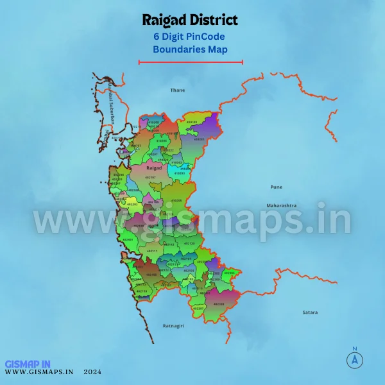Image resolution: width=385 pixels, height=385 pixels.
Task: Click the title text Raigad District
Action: pyautogui.click(x=190, y=21)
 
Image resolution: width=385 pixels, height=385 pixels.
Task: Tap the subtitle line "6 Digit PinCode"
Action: pyautogui.click(x=190, y=37)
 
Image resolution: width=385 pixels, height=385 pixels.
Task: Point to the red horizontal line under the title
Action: pyautogui.click(x=191, y=62)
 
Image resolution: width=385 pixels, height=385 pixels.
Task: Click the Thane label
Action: pyautogui.click(x=177, y=90)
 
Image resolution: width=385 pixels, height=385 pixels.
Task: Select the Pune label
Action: pyautogui.click(x=276, y=187)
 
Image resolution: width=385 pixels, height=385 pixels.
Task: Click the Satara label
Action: pyautogui.click(x=310, y=312)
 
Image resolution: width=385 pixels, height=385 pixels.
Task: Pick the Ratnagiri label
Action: pyautogui.click(x=173, y=326)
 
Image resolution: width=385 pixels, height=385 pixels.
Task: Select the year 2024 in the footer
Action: pyautogui.click(x=92, y=372)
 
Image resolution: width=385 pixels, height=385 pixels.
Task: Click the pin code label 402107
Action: pyautogui.click(x=150, y=177)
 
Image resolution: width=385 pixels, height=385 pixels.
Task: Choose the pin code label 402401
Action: pyautogui.click(x=128, y=239)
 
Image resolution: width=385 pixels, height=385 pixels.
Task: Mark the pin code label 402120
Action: pyautogui.click(x=189, y=244)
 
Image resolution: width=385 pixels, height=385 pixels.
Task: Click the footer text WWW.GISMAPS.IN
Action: pyautogui.click(x=39, y=372)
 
